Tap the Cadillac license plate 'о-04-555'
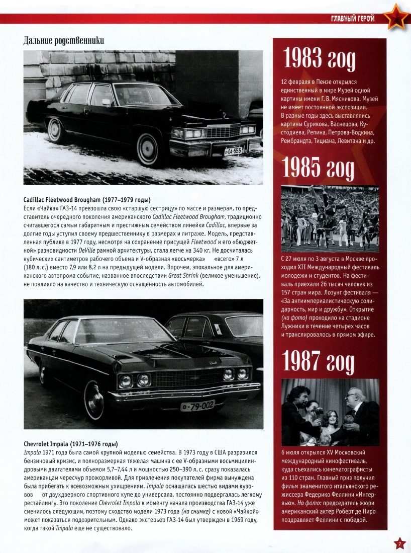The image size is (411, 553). click(232, 150)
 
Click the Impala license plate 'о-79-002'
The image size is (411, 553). click(197, 405)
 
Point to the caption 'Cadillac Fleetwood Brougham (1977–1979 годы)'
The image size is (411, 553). click(87, 200)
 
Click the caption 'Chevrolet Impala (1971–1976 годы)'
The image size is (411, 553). click(71, 444)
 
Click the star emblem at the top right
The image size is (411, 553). click(396, 17)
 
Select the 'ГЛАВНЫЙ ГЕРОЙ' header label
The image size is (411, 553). click(352, 19)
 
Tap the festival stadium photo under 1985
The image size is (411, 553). click(330, 219)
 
